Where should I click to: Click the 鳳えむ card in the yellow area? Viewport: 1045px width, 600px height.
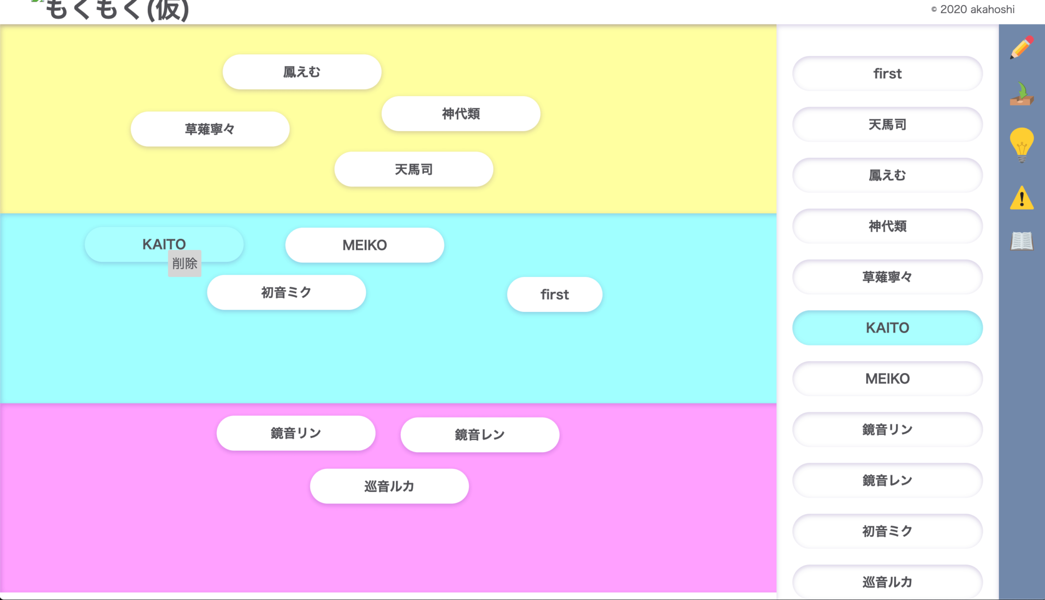[x=301, y=72]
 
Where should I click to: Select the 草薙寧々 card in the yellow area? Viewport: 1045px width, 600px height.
[x=210, y=129]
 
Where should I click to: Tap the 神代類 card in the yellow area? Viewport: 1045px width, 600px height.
[x=460, y=114]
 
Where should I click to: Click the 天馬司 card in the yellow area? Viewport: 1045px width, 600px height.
[x=413, y=170]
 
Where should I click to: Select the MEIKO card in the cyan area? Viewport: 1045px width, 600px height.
[x=364, y=245]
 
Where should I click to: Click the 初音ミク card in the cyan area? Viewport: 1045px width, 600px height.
[x=286, y=293]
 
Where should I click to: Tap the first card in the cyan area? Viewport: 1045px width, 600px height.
[x=554, y=295]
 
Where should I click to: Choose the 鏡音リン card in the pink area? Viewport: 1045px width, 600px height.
[x=296, y=433]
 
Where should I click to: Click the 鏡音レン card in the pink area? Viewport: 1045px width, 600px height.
[x=480, y=435]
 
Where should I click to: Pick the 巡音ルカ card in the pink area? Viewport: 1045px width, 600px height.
[x=389, y=487]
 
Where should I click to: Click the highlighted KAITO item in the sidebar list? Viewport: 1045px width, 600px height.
[x=887, y=328]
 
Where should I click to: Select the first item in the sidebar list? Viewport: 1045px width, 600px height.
[x=887, y=74]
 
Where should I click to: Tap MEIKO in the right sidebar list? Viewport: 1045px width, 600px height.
[x=887, y=378]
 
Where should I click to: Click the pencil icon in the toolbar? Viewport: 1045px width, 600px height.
[x=1021, y=48]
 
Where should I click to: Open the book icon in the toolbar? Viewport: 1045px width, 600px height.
[x=1021, y=241]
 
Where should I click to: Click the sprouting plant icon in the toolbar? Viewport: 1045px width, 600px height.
[x=1021, y=95]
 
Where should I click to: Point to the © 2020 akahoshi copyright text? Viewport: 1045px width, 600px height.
[x=972, y=9]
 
